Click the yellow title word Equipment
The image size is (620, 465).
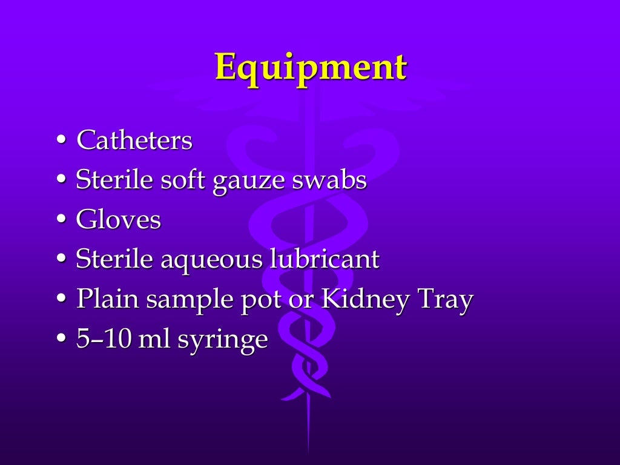311,67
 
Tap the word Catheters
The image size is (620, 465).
134,142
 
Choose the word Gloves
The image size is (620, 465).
119,220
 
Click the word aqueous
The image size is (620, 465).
205,260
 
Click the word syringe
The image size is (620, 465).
222,340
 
